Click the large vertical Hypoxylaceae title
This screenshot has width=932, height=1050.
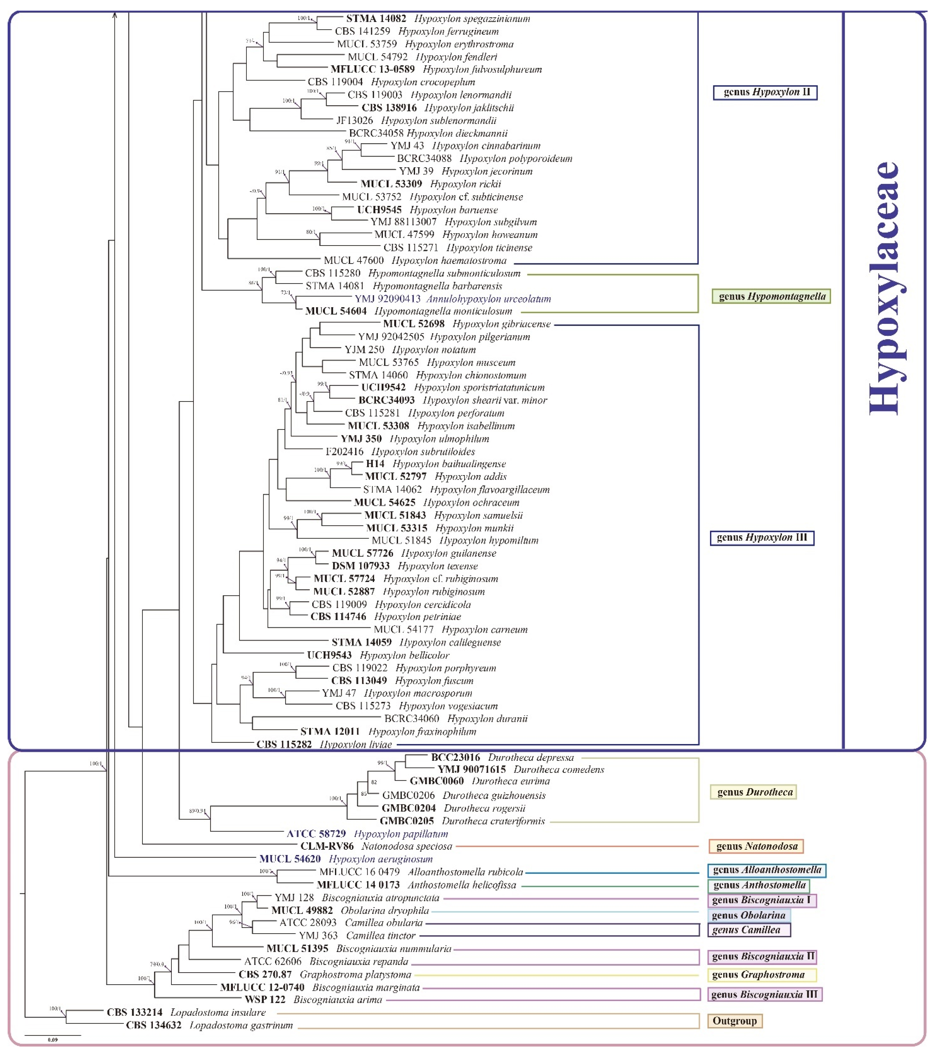tap(885, 288)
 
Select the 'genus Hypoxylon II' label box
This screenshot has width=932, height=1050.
tap(765, 93)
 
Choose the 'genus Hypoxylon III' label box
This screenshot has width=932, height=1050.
tap(762, 538)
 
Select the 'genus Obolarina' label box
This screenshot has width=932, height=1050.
tap(748, 915)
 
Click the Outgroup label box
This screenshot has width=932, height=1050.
tap(735, 1021)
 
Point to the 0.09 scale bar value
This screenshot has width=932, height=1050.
tap(53, 1040)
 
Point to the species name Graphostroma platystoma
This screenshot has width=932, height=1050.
tap(355, 975)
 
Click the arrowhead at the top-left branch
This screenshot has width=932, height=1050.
tap(115, 15)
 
